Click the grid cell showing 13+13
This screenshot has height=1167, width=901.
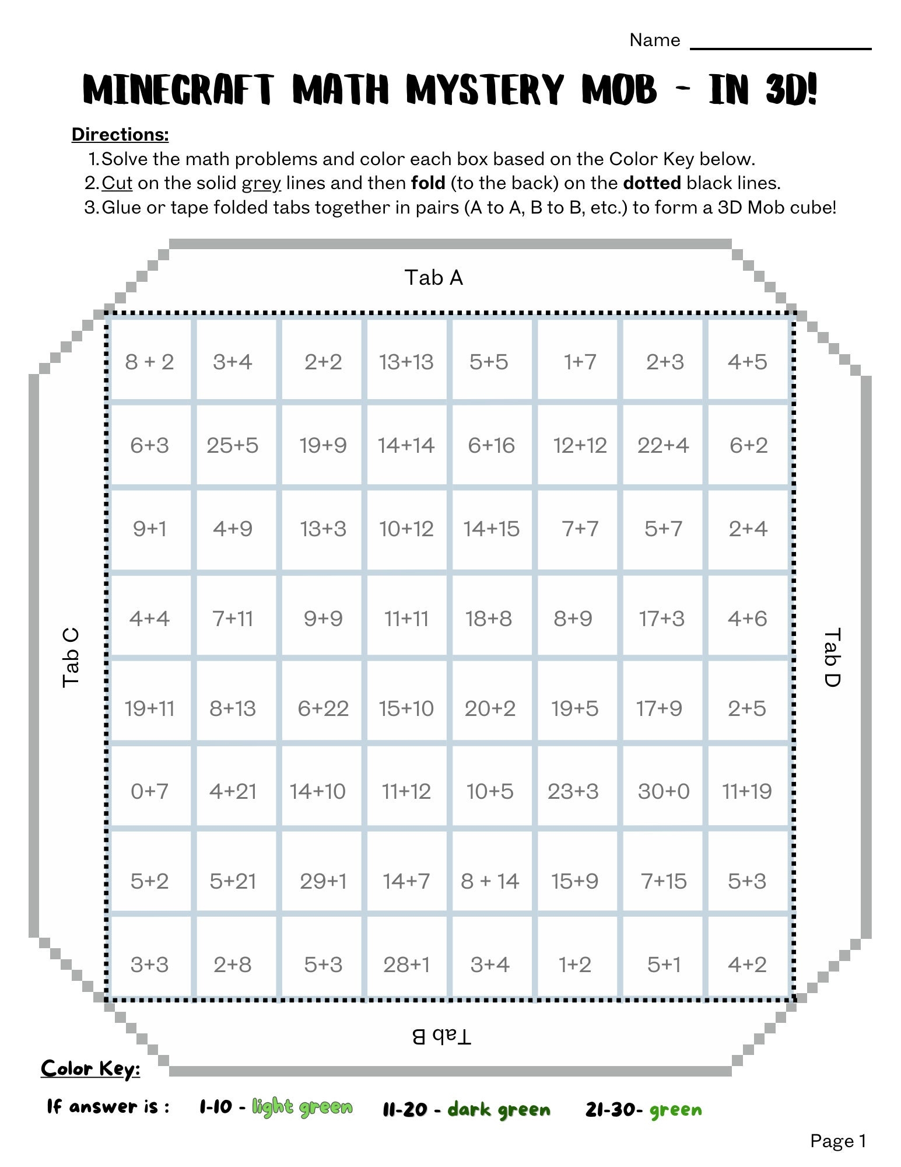tap(406, 362)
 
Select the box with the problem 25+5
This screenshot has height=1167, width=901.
tap(232, 445)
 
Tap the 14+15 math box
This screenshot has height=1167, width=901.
tap(491, 529)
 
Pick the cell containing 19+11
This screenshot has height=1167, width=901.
tap(149, 708)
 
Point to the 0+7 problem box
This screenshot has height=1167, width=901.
tap(149, 791)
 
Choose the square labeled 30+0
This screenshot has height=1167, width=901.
tap(664, 791)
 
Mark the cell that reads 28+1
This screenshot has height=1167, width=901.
tap(406, 965)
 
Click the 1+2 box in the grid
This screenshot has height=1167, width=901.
tap(574, 965)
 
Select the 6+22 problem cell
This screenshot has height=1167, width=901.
tap(322, 708)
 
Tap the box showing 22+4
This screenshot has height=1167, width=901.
tap(663, 445)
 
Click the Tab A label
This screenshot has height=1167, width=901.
tap(433, 278)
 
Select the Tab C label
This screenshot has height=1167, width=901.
tap(71, 657)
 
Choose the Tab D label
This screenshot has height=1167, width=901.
tap(832, 657)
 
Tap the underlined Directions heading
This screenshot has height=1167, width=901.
tap(120, 134)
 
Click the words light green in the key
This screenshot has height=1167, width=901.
tap(302, 1107)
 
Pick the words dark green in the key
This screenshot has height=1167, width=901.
tap(499, 1109)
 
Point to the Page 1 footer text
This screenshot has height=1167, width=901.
tap(838, 1141)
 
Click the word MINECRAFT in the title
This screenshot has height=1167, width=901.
tap(178, 90)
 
